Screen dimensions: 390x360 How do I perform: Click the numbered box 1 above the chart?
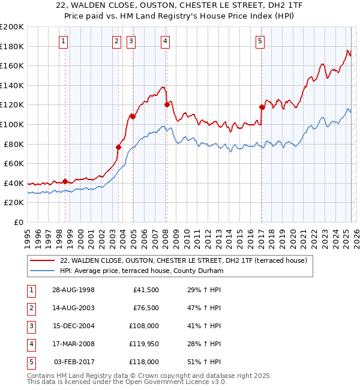click(x=64, y=41)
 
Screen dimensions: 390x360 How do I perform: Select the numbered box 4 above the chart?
click(x=165, y=41)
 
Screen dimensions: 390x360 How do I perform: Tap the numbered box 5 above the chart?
click(x=260, y=41)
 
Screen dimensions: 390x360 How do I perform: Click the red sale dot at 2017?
click(x=262, y=107)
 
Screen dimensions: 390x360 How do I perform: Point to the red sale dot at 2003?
click(x=118, y=147)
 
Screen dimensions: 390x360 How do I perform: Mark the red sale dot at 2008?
click(x=166, y=104)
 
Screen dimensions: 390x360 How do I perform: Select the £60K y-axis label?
click(x=13, y=163)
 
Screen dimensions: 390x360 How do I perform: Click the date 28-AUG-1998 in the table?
click(x=73, y=290)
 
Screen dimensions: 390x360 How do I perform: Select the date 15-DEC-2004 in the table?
click(x=73, y=326)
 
